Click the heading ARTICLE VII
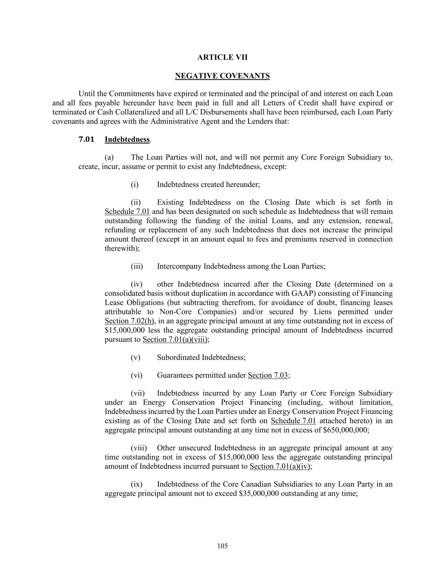point(222,57)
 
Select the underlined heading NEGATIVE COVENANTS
point(222,76)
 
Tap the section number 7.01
point(86,139)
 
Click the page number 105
point(222,546)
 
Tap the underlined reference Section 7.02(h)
point(129,321)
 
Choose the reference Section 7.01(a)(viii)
point(175,339)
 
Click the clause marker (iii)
point(137,266)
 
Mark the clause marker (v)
point(135,357)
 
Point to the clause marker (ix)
point(137,484)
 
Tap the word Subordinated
point(178,357)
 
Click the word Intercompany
point(179,266)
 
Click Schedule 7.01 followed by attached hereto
point(293,421)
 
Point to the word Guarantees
point(175,375)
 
